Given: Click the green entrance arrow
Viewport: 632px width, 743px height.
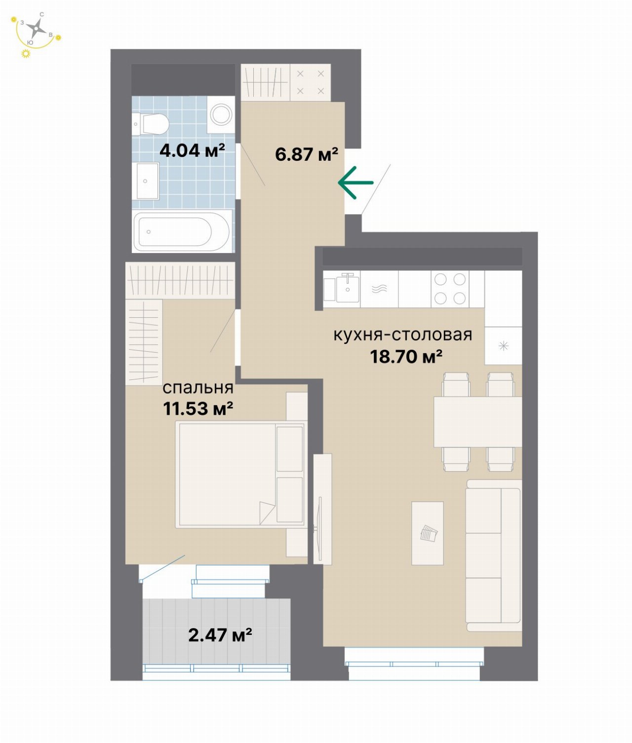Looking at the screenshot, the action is pyautogui.click(x=355, y=183).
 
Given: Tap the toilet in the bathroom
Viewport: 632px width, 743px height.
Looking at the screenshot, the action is pyautogui.click(x=151, y=124).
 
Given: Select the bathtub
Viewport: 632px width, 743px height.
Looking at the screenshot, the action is pyautogui.click(x=182, y=231).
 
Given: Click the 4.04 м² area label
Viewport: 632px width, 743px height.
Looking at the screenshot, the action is pyautogui.click(x=192, y=150).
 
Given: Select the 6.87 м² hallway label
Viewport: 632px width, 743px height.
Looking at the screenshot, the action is pyautogui.click(x=307, y=154).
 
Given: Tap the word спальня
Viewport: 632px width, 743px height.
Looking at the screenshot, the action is pyautogui.click(x=198, y=388).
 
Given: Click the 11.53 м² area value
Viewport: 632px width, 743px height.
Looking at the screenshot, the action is pyautogui.click(x=198, y=408).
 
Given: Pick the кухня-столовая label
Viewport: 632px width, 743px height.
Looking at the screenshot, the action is pyautogui.click(x=402, y=334).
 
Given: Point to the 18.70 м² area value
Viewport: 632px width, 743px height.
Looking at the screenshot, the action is pyautogui.click(x=406, y=357).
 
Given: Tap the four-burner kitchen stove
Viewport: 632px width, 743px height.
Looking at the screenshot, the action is pyautogui.click(x=450, y=289).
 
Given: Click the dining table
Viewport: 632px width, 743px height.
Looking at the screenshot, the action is pyautogui.click(x=477, y=422).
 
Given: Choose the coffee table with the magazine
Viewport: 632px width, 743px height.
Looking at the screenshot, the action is pyautogui.click(x=427, y=533).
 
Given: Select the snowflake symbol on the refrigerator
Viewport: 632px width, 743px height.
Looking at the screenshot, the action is pyautogui.click(x=503, y=346).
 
